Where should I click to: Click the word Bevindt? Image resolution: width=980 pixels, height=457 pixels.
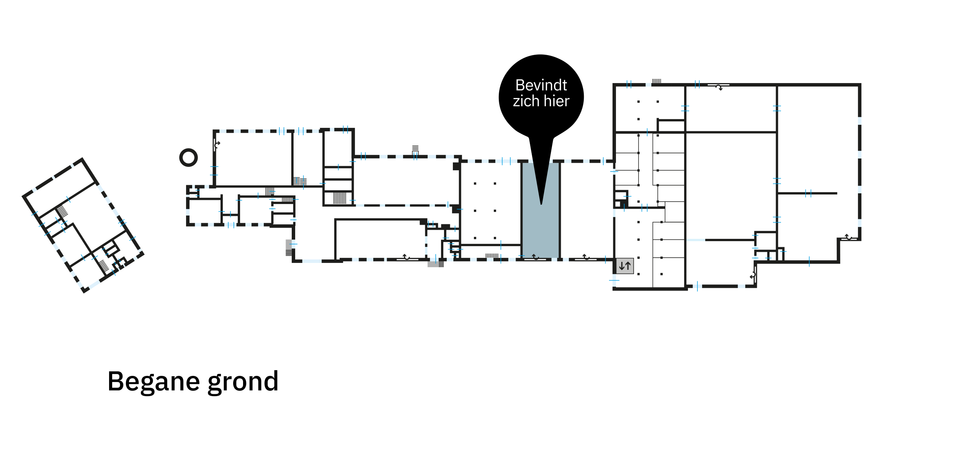point(541,85)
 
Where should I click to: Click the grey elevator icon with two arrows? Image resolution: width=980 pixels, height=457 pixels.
point(625,266)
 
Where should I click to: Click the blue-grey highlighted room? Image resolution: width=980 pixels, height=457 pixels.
point(541,230)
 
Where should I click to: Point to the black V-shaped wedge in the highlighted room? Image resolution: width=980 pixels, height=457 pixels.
point(541,180)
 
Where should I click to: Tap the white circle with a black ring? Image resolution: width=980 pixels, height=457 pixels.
point(188,157)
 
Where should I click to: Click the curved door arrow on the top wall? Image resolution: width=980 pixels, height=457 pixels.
point(719,87)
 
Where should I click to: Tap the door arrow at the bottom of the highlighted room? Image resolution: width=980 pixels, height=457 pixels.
point(535,257)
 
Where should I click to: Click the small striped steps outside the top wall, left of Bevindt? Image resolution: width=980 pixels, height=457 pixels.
point(415,149)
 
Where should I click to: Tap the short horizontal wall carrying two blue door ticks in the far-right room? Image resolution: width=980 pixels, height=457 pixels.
point(808,193)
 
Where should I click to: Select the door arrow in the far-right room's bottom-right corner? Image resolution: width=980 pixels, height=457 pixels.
point(849,237)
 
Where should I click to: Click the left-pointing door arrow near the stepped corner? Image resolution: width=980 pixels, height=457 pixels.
point(753,276)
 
